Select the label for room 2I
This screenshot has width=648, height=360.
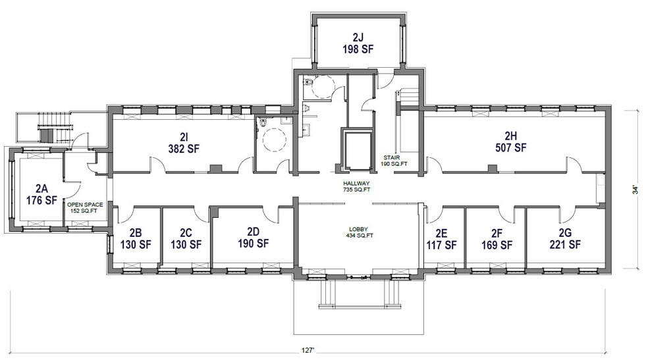[x=184, y=142]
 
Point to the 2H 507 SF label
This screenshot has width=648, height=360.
[x=510, y=141]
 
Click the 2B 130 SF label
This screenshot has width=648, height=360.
[x=136, y=238]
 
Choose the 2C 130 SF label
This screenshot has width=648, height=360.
[x=186, y=238]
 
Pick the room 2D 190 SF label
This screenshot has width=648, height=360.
[x=253, y=237]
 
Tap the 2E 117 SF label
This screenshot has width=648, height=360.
[x=441, y=238]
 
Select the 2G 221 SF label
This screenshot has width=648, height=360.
[x=564, y=238]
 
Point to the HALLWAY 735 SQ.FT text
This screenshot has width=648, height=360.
[x=356, y=186]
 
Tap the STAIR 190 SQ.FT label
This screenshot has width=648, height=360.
[x=396, y=161]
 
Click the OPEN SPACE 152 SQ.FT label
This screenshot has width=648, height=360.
[x=85, y=207]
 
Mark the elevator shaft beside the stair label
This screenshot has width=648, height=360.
[x=355, y=148]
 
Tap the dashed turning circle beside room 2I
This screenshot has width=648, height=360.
[x=273, y=139]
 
